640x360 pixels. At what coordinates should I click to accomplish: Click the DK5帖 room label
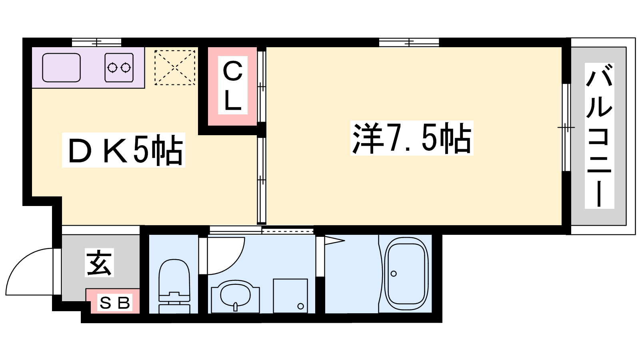point(124,150)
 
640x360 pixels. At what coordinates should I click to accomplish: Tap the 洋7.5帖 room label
point(412,138)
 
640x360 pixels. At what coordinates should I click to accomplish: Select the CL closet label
point(232,85)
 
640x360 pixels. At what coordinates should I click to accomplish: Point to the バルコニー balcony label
point(599,136)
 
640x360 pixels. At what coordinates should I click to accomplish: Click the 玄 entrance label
point(99,262)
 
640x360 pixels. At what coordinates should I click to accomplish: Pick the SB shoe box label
point(115,303)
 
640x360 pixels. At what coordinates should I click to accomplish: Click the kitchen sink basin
point(61,68)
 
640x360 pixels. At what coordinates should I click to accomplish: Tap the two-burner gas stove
point(119,68)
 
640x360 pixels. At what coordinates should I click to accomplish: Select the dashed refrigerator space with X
point(175,68)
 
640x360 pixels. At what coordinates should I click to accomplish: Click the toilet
point(174,286)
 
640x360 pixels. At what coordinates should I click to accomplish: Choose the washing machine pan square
point(290,296)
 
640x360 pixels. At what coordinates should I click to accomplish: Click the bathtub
point(406,274)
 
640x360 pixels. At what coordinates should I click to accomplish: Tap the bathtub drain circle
point(394,274)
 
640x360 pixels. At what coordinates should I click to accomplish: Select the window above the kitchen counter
point(96,42)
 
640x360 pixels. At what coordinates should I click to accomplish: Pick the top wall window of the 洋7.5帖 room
point(409,42)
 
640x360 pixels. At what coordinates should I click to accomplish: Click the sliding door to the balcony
point(566,128)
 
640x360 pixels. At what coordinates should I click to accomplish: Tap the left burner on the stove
point(112,68)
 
